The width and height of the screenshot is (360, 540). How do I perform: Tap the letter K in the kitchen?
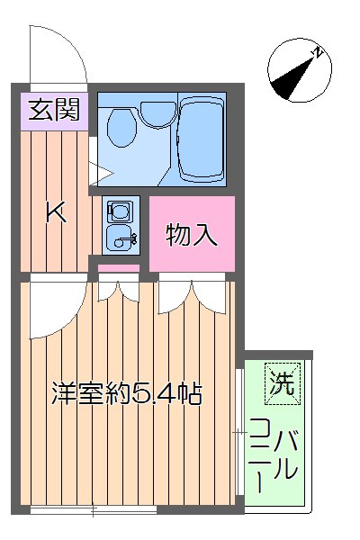coord(56,213)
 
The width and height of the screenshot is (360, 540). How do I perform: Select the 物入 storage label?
coord(192,235)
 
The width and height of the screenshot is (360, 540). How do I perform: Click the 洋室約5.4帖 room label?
coord(126,392)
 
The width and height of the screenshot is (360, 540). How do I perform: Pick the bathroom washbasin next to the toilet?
coord(157,112)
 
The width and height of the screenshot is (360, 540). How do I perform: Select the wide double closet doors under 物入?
coord(191,295)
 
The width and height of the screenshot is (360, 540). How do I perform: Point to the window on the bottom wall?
coord(94,510)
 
